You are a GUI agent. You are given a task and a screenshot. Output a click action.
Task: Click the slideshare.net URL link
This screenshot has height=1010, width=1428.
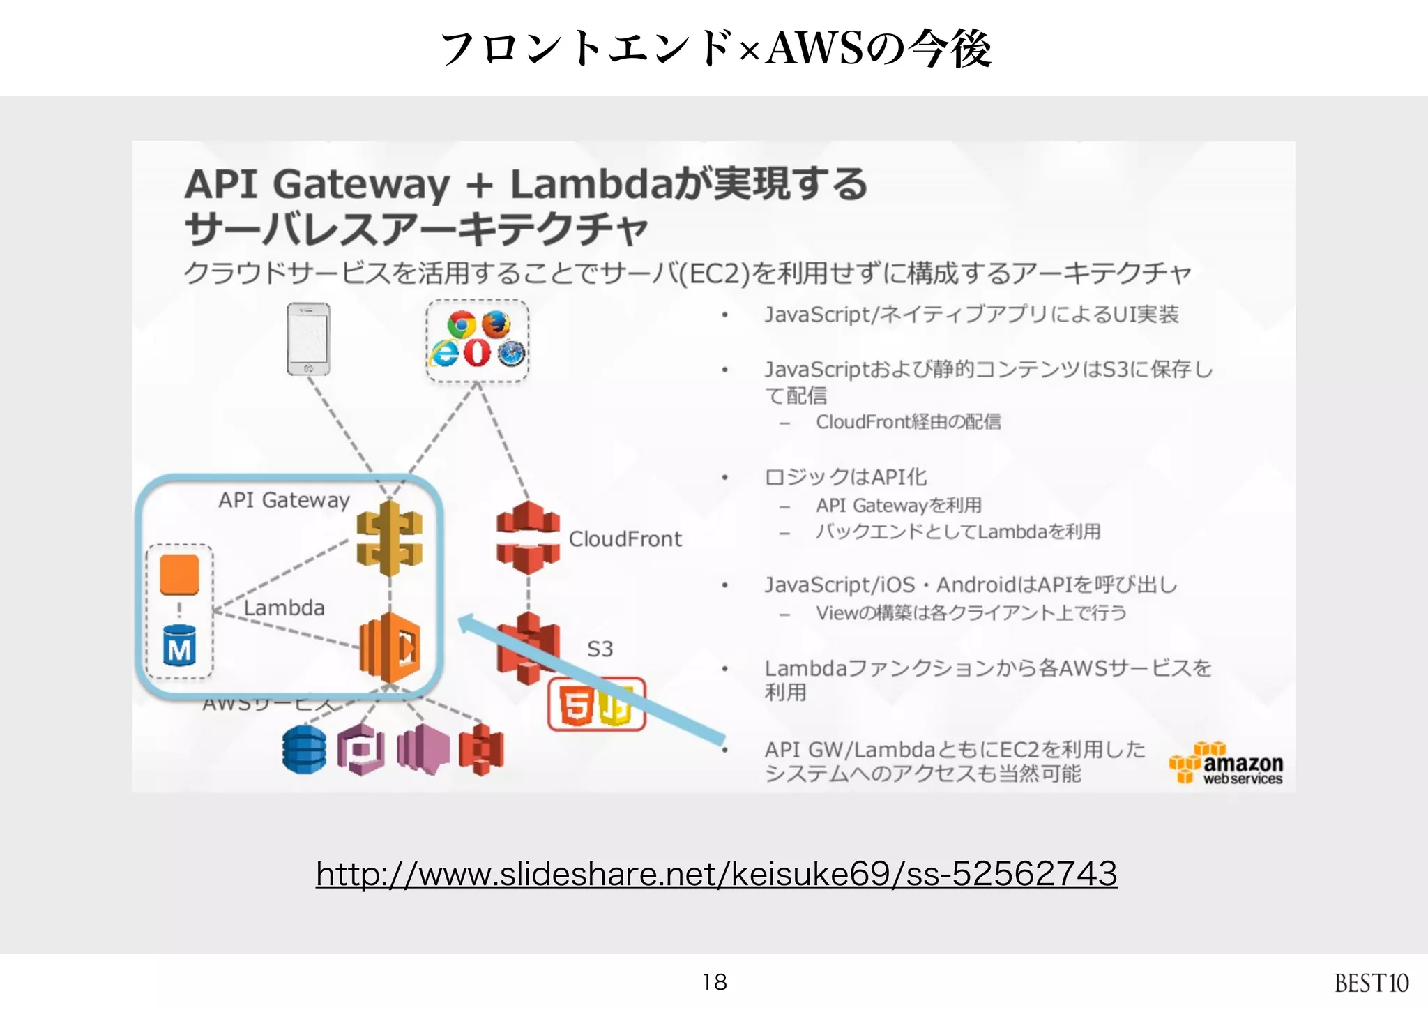click(x=716, y=874)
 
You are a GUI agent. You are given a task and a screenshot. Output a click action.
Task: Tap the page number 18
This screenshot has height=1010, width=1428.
click(x=714, y=982)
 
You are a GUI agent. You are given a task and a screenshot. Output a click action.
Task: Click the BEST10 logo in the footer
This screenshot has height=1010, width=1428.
click(x=1371, y=983)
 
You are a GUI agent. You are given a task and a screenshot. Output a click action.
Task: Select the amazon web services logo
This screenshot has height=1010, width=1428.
click(x=1227, y=764)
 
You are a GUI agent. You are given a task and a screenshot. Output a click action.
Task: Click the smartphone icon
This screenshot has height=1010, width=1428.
click(x=308, y=339)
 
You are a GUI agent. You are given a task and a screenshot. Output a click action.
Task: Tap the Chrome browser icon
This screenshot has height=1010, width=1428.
click(x=461, y=324)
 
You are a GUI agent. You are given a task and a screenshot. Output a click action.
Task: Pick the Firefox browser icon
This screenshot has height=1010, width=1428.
click(x=496, y=324)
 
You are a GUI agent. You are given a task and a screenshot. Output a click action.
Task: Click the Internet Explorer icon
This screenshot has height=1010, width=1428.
click(x=444, y=352)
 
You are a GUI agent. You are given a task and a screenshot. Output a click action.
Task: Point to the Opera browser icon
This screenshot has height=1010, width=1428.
click(x=478, y=352)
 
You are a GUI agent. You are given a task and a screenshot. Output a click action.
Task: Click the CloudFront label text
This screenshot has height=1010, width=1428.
click(x=625, y=539)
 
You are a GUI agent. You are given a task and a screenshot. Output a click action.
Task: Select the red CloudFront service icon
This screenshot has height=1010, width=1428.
click(x=528, y=537)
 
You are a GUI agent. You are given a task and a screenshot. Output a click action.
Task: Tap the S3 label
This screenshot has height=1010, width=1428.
click(x=600, y=649)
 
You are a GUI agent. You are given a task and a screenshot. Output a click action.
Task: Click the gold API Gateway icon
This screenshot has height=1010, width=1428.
click(x=389, y=538)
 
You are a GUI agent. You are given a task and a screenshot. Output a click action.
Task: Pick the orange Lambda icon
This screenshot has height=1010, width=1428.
click(x=390, y=648)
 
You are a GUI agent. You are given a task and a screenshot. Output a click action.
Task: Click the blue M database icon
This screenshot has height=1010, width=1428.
click(x=179, y=646)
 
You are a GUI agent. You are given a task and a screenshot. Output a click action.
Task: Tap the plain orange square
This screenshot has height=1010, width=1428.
click(x=179, y=575)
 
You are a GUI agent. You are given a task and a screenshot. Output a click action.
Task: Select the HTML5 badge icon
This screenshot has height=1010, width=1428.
click(x=577, y=705)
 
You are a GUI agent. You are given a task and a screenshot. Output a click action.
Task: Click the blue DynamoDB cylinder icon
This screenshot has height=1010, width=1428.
click(x=304, y=750)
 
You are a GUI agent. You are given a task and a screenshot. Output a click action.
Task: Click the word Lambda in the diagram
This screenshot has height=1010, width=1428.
click(x=284, y=608)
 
